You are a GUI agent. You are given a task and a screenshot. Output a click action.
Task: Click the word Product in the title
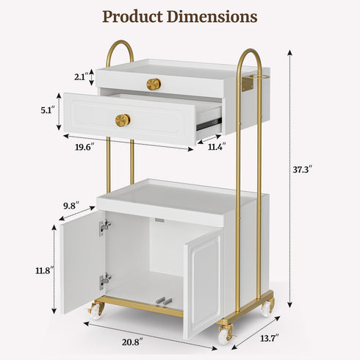point(132,17)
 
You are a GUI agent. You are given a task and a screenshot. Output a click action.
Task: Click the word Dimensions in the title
point(212,16)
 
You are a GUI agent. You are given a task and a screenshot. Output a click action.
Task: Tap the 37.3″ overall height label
point(303,170)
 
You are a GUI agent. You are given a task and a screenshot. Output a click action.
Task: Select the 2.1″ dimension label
point(82,77)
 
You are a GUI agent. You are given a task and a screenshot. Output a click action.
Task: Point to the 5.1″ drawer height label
point(47,110)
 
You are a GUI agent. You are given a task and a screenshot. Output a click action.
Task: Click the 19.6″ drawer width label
point(84,147)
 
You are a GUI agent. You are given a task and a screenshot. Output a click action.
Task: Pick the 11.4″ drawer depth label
point(217,146)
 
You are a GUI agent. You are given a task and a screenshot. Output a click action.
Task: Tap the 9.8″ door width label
point(71,206)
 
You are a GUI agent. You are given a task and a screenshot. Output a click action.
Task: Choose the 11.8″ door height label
point(45,270)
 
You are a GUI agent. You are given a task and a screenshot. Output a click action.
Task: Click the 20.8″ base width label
point(132,342)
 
